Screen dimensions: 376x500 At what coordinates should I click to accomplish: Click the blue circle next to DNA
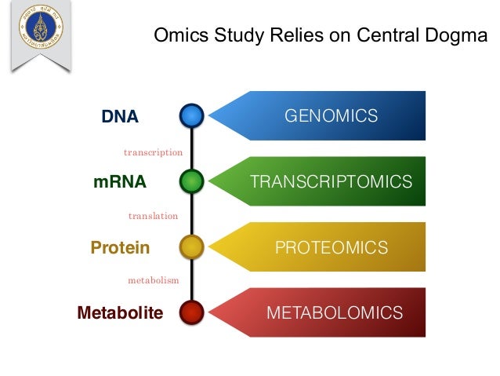[x=191, y=116]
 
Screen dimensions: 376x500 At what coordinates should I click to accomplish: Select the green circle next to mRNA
[x=191, y=182]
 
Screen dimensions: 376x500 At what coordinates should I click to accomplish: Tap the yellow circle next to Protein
[x=191, y=248]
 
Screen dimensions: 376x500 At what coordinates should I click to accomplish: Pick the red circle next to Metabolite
[x=191, y=313]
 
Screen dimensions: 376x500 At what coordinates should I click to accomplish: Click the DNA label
[x=120, y=117]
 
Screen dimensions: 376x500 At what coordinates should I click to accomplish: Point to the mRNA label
[x=120, y=182]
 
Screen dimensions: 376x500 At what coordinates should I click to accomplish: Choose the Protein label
[x=120, y=248]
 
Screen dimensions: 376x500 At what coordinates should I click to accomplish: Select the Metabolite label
[x=120, y=313]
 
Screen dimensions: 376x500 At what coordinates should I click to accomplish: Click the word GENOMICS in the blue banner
[x=331, y=116]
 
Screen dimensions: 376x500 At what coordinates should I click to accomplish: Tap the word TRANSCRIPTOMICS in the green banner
[x=331, y=182]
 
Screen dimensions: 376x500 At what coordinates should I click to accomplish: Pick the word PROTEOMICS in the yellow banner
[x=331, y=248]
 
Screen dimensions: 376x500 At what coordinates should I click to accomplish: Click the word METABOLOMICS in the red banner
[x=335, y=313]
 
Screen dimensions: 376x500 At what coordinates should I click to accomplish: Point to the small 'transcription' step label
[x=153, y=152]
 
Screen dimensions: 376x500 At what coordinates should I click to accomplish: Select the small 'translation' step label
[x=153, y=215]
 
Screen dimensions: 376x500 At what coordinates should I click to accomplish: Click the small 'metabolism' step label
[x=153, y=280]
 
